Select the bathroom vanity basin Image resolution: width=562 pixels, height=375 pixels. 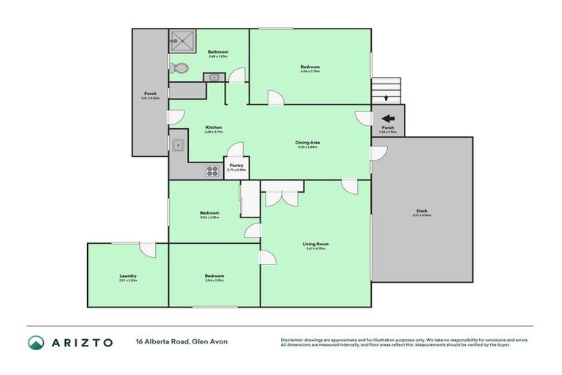point(215,77)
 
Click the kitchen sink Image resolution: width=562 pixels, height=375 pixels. point(178,145)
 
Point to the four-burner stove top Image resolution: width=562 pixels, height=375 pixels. point(213,171)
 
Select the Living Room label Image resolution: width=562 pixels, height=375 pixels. point(316,245)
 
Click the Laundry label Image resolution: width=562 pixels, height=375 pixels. point(128,277)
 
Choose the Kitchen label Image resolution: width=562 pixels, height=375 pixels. point(213,128)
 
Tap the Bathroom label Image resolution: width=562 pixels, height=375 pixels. point(218,53)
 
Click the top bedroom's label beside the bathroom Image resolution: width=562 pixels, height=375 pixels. point(310,68)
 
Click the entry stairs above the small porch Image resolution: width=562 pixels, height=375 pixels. point(386,91)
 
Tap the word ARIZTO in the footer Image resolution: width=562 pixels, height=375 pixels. point(82,342)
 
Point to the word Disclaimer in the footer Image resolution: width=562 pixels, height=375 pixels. point(293,340)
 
